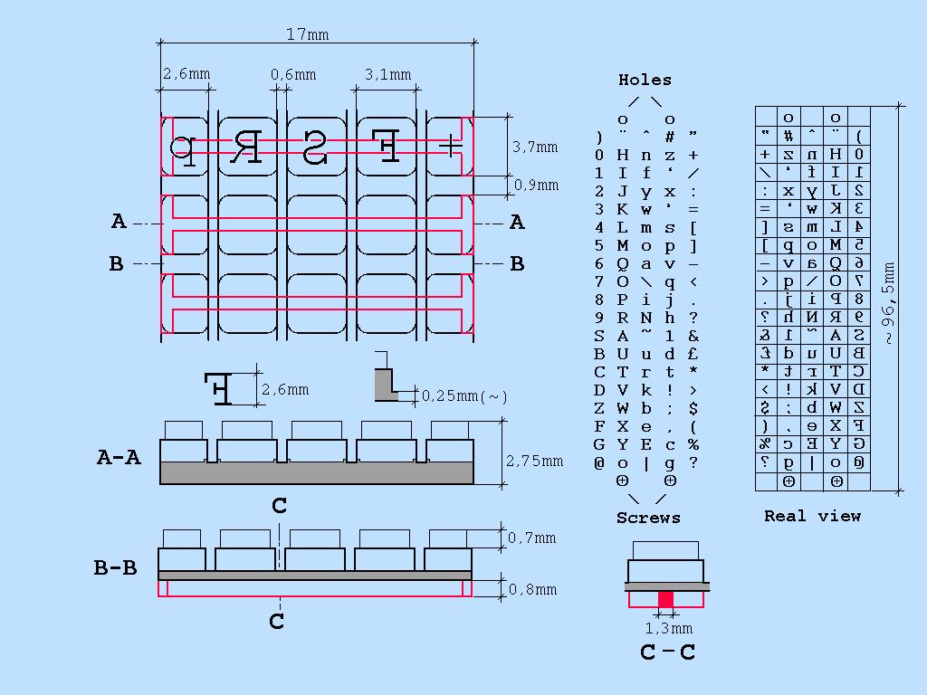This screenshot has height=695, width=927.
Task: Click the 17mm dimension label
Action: (x=307, y=35)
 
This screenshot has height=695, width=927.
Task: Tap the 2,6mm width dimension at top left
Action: (x=186, y=74)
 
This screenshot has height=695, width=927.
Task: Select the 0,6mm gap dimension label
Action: (x=293, y=74)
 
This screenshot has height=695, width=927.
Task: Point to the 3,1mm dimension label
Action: (x=387, y=74)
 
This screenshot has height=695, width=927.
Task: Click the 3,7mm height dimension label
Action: (x=535, y=147)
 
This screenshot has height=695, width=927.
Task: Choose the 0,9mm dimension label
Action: (x=536, y=186)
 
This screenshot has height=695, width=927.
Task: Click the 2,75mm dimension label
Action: (x=534, y=461)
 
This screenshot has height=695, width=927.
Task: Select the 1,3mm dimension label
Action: (x=668, y=627)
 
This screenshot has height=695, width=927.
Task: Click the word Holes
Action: (x=645, y=80)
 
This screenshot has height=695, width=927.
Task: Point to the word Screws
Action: (x=648, y=518)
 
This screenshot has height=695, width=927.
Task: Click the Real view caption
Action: (x=812, y=516)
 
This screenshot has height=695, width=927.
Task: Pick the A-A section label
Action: (x=119, y=457)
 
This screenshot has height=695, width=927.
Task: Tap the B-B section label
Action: (x=116, y=568)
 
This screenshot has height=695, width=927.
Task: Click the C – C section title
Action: (x=667, y=652)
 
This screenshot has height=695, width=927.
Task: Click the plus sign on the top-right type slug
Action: (x=450, y=145)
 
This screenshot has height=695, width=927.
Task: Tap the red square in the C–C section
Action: (x=666, y=599)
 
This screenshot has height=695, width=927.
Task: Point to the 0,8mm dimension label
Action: (x=532, y=589)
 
